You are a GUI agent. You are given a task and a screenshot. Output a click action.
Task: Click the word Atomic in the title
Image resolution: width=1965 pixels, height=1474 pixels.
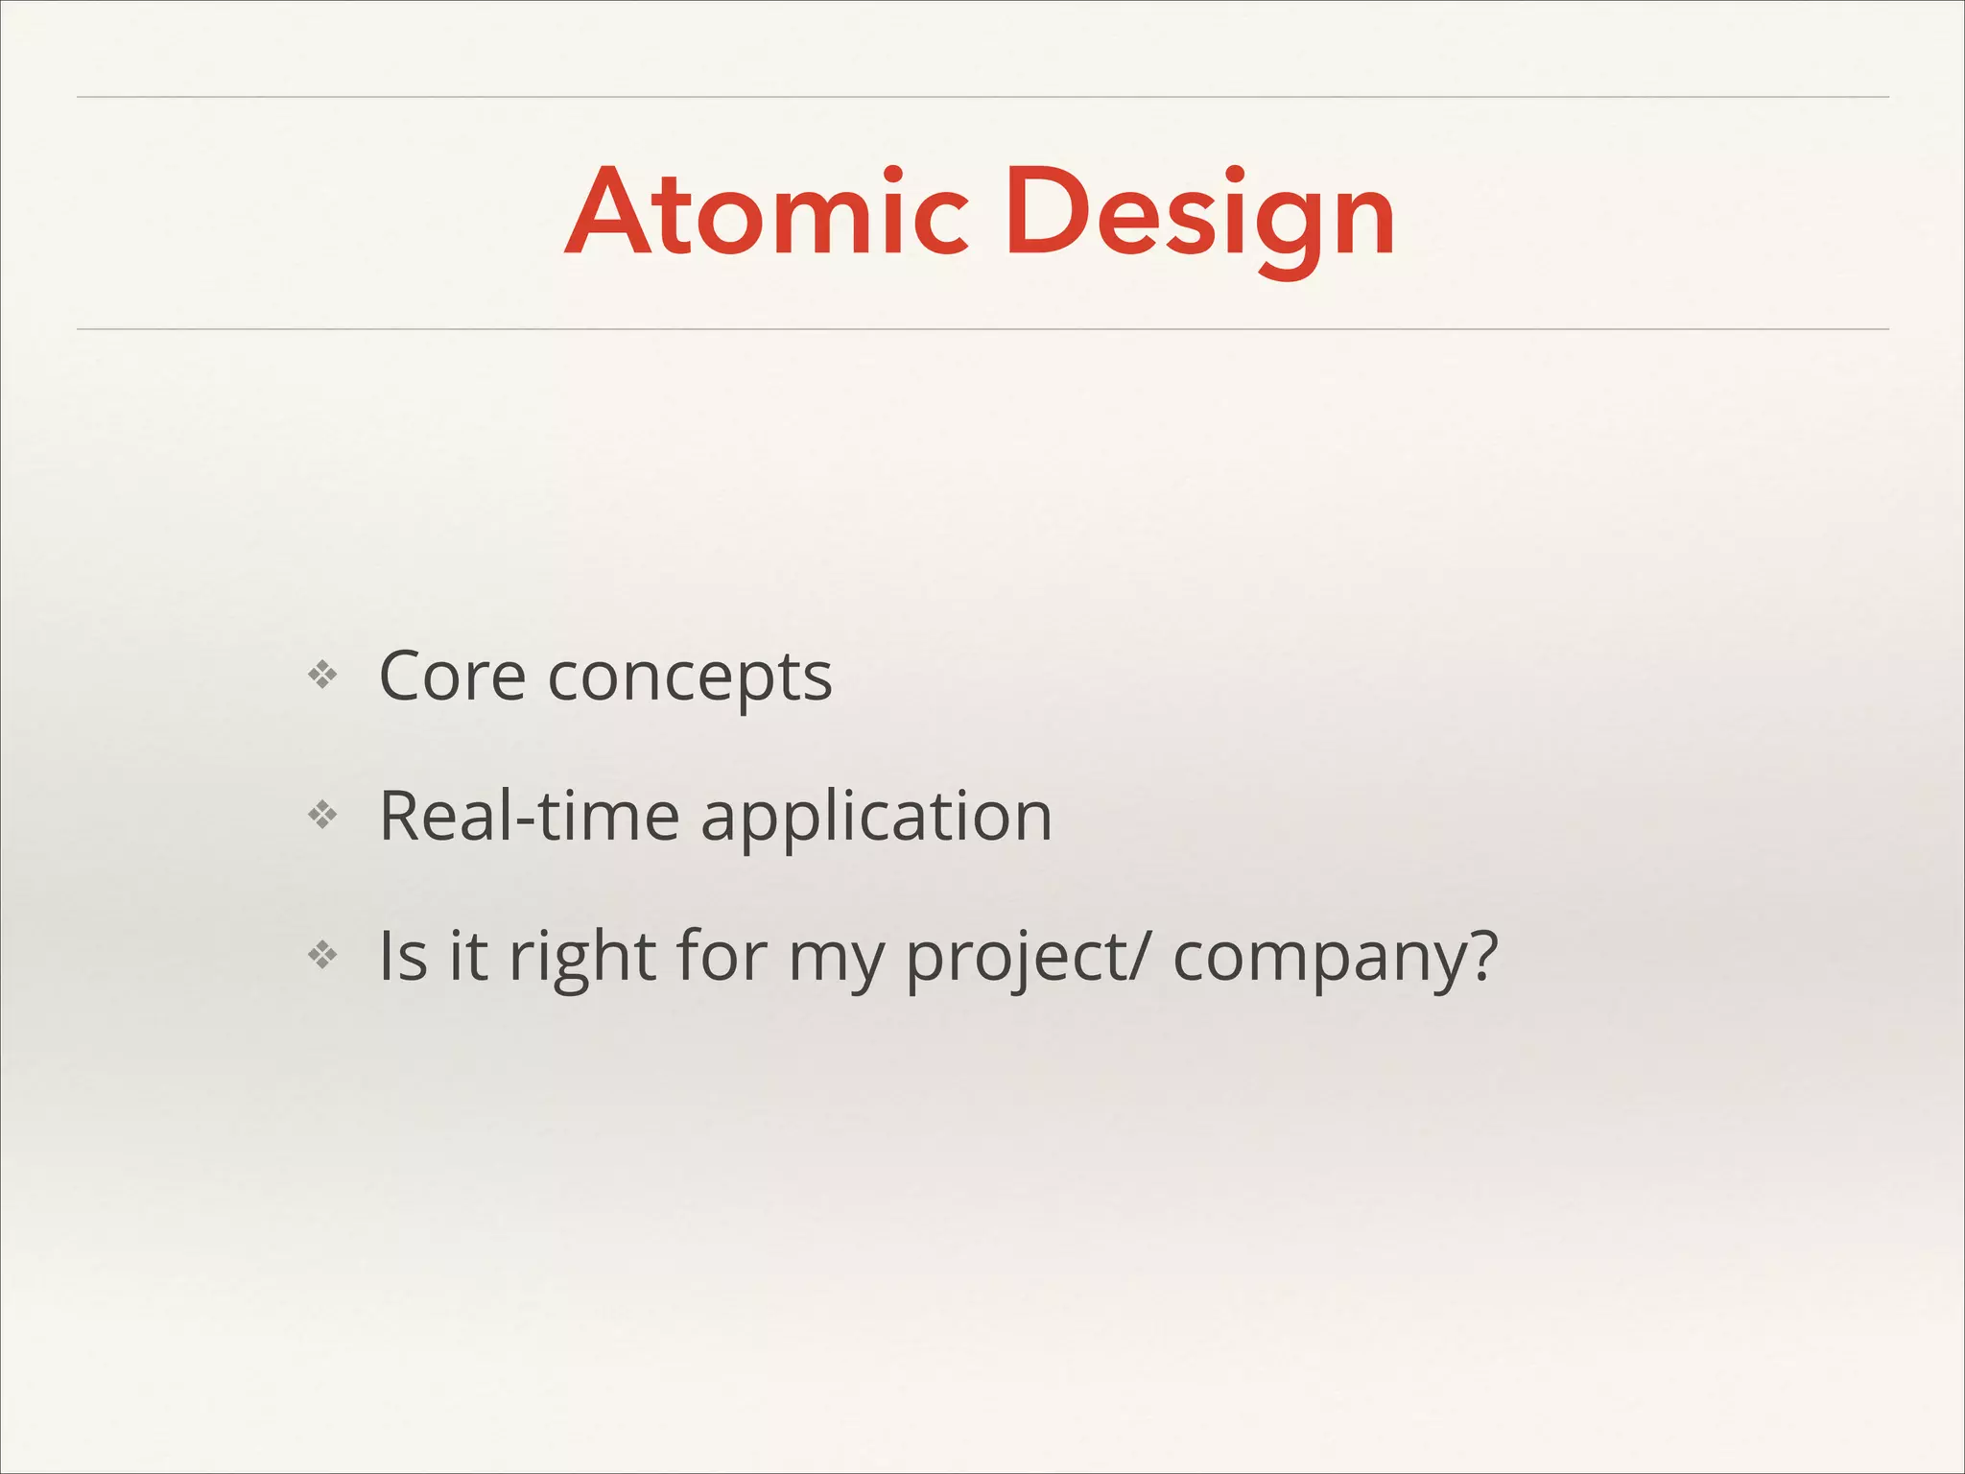767,213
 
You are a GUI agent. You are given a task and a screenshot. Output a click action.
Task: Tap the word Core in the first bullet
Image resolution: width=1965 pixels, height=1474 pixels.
452,677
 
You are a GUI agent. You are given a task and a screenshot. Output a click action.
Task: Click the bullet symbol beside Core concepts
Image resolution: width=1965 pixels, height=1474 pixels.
322,676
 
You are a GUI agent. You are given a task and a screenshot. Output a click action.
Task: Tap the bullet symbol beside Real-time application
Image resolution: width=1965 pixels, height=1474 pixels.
322,816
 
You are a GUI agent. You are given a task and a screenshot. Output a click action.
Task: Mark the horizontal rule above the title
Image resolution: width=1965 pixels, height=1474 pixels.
982,97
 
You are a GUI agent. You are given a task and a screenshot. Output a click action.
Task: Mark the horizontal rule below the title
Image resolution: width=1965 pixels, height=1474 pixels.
982,329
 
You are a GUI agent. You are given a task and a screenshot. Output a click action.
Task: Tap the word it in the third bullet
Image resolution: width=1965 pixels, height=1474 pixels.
467,956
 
